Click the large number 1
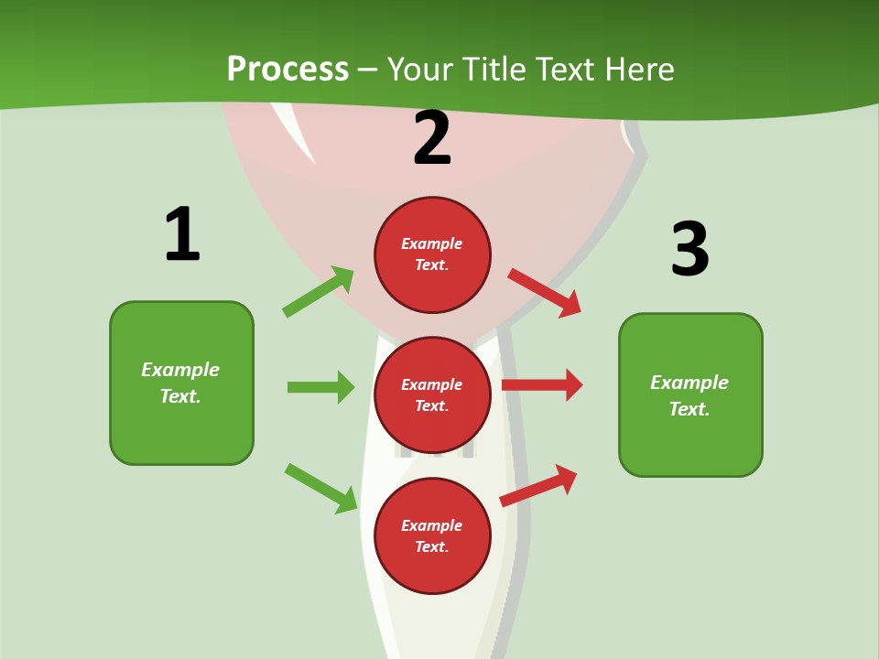tap(182, 234)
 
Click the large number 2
tap(432, 138)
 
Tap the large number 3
tap(689, 249)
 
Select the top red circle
tap(432, 254)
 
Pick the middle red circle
tap(432, 394)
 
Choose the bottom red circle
tap(432, 535)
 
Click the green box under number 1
tap(181, 383)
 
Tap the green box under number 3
tap(690, 394)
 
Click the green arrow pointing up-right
tap(319, 291)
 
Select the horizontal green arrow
tap(320, 387)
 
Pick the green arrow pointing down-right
tap(320, 488)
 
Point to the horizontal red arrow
tap(542, 385)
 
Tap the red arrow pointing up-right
tap(538, 485)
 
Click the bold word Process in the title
tap(288, 69)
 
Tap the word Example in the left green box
tap(180, 370)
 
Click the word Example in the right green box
tap(689, 383)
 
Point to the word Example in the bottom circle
tap(432, 525)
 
